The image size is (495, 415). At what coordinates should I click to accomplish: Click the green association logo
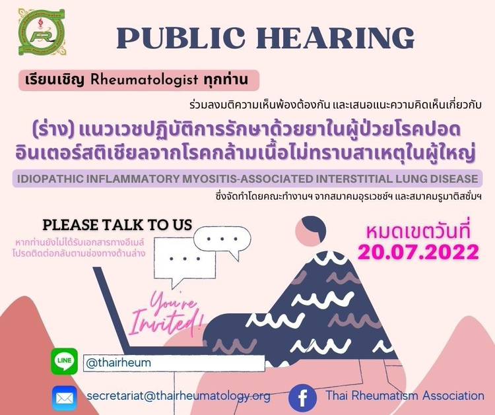click(42, 32)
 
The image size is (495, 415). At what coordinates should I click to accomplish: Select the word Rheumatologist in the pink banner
click(145, 80)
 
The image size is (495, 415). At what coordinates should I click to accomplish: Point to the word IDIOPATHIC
click(50, 179)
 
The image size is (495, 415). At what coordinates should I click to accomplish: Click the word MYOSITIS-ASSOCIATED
click(247, 179)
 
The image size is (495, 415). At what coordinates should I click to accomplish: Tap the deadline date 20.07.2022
click(418, 252)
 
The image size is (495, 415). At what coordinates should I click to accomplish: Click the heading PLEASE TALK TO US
click(117, 225)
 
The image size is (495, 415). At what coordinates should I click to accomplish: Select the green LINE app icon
click(65, 361)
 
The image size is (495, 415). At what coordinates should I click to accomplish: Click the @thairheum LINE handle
click(118, 363)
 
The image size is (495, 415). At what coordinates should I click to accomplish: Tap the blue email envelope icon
click(65, 398)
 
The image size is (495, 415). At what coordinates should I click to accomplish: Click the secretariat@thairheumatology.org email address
click(178, 396)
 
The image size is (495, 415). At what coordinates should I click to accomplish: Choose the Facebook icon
click(302, 398)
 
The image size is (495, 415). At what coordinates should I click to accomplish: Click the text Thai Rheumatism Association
click(405, 395)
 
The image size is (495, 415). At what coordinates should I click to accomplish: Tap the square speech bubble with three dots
click(185, 262)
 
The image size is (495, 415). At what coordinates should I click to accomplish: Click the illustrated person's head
click(310, 231)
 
